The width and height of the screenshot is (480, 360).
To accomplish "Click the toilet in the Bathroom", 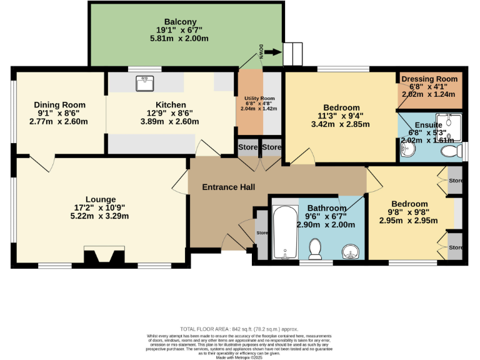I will point(315,249).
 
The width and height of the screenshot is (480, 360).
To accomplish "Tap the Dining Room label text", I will point(59,104).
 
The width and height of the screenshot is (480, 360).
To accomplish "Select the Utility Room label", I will point(259,99).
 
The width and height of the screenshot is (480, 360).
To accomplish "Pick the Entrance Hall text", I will point(228,187).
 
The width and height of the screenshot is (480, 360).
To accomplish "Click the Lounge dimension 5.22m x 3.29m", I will point(101,216).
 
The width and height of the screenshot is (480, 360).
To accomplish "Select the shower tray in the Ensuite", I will point(448,127).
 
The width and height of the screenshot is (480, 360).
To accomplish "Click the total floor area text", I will point(239,329).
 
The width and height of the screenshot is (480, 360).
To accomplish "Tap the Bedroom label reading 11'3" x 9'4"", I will point(341,116).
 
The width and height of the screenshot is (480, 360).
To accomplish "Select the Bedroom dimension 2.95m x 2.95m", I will point(409,221).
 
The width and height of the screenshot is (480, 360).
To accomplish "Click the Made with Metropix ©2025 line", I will point(239,357).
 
